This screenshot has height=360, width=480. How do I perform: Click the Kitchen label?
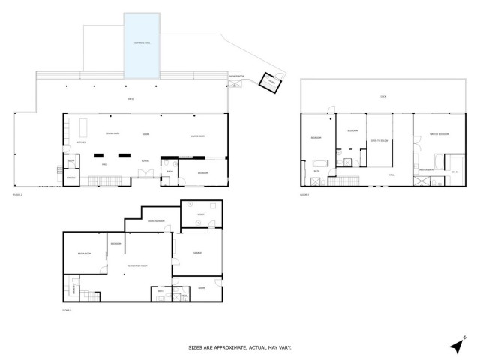82,142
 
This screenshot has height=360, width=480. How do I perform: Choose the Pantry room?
70,178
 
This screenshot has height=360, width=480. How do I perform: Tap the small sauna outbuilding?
266,82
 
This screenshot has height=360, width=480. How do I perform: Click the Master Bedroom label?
439,134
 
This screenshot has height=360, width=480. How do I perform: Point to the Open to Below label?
378,140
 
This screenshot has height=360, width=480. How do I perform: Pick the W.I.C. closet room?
454,172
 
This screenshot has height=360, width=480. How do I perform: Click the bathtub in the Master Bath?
436,160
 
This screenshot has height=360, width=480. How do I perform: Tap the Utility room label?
200,214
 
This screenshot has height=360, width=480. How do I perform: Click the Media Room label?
83,254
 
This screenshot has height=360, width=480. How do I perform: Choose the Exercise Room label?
156,223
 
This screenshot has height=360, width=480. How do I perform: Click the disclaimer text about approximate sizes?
239,347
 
